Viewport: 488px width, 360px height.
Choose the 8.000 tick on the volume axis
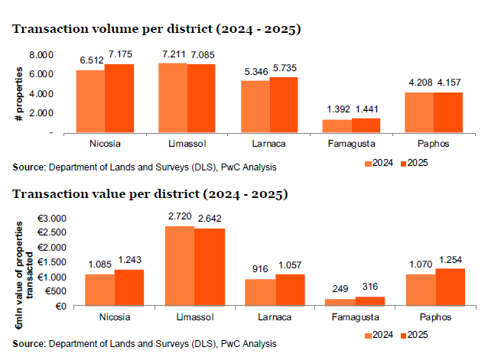coord(42,55)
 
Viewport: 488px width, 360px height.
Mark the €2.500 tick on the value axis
coord(54,233)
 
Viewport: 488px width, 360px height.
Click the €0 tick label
coord(60,306)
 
